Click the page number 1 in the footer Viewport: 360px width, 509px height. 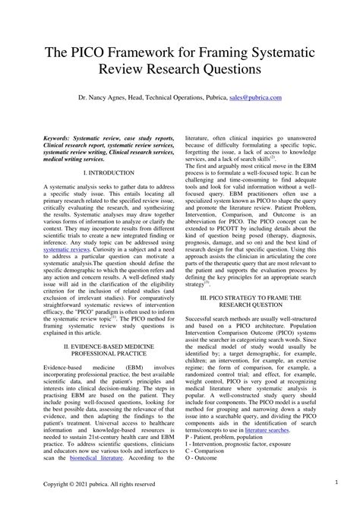pyautogui.click(x=335, y=482)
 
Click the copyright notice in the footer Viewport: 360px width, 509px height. pyautogui.click(x=99, y=483)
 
